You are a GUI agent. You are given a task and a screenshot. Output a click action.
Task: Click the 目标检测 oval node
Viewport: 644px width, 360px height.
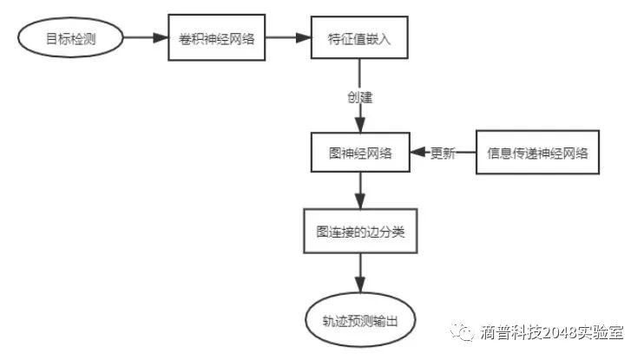coord(70,38)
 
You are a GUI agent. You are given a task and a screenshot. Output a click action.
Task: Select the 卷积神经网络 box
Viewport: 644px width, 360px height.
coord(215,38)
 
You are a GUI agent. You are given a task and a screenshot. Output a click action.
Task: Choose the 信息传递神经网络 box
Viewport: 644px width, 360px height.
coord(538,154)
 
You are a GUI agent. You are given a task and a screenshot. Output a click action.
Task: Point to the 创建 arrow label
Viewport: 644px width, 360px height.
coord(358,97)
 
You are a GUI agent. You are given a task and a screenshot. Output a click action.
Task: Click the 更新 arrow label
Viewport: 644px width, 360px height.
coord(443,154)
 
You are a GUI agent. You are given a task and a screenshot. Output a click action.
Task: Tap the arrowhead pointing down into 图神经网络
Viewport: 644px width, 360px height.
coord(358,127)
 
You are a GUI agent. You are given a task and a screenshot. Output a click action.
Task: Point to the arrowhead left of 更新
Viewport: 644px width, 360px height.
coord(417,154)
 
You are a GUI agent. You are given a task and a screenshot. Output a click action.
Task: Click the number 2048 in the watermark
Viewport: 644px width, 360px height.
coord(556,334)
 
